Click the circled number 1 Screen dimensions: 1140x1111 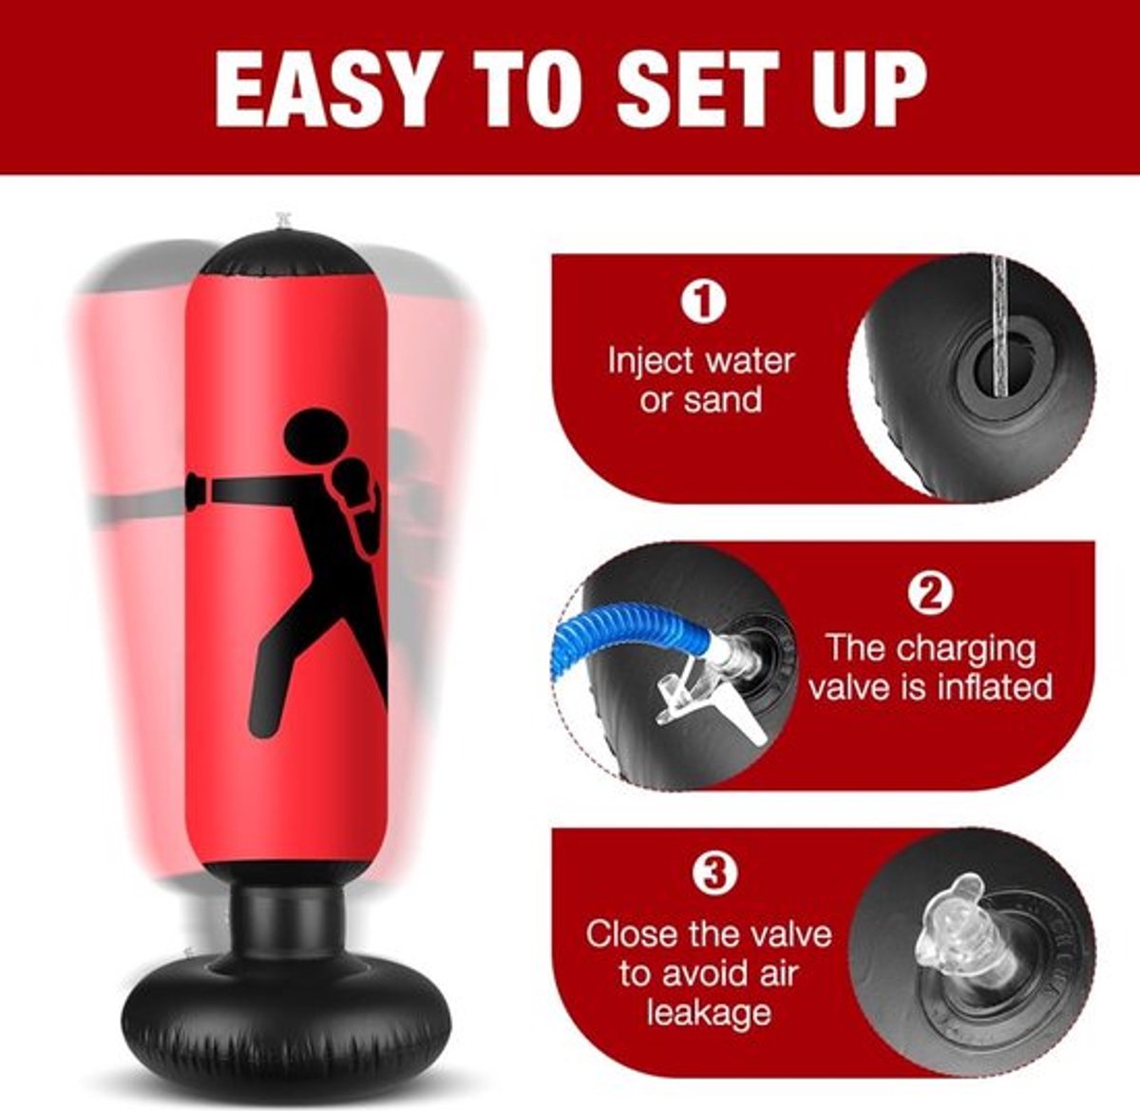703,301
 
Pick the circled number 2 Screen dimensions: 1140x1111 931,593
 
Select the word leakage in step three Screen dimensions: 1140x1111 709,1012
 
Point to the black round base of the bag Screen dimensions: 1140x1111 287,1006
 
